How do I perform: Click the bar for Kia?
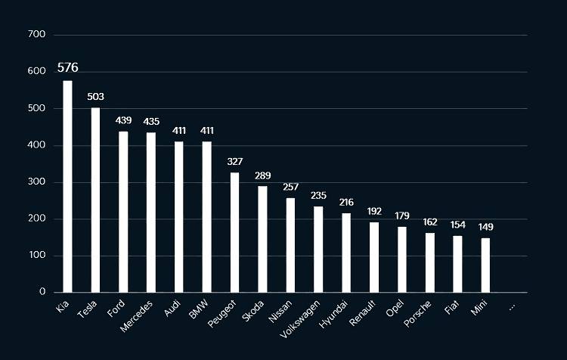point(67,186)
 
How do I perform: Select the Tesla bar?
point(95,200)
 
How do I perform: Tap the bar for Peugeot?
point(234,232)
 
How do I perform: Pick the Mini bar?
point(485,265)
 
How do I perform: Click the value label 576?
point(67,68)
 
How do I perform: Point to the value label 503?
point(95,97)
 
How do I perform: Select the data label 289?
point(262,175)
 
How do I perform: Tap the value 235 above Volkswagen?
point(318,195)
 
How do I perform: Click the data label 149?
point(485,227)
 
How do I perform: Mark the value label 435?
point(151,121)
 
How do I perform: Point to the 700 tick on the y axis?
point(36,35)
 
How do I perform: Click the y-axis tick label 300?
point(36,182)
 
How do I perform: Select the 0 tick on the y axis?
point(42,292)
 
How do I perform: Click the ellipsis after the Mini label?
point(512,306)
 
